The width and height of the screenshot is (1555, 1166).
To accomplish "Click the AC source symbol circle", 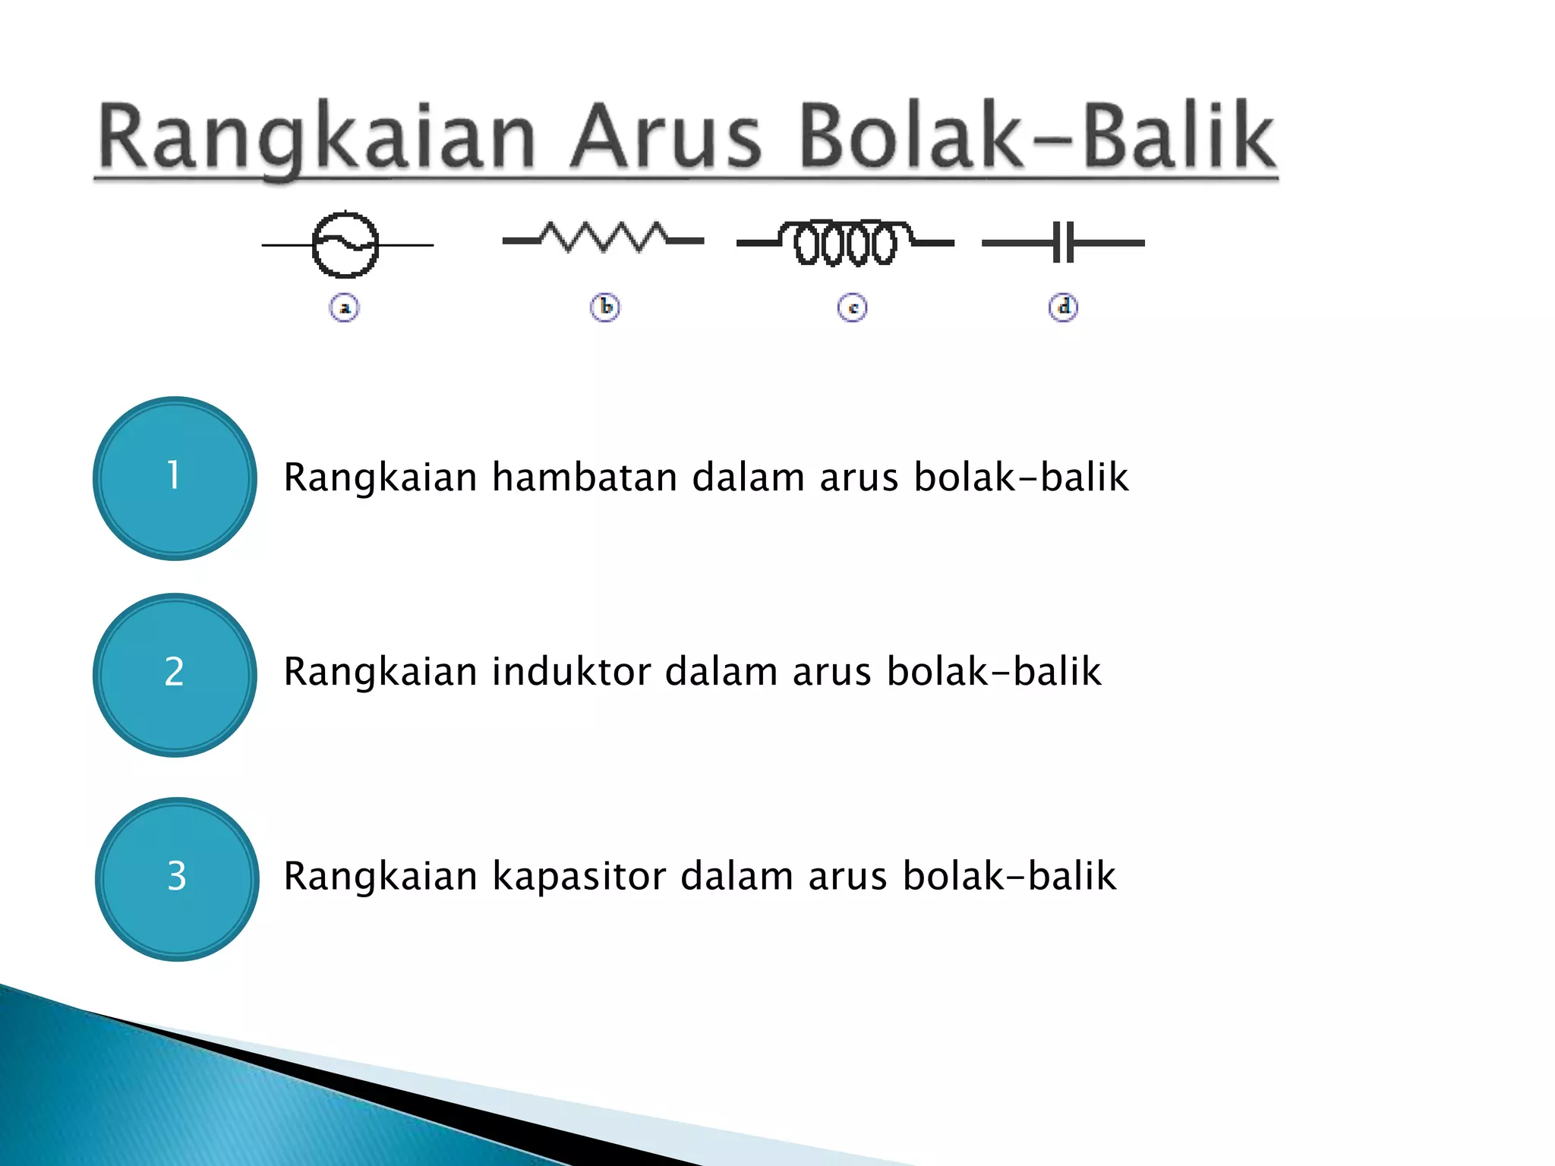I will [x=345, y=245].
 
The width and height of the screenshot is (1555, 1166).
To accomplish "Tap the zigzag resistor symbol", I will [x=604, y=238].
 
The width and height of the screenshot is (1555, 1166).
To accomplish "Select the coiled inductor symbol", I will [x=845, y=243].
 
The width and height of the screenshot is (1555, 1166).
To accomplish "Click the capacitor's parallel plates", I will [x=1064, y=243].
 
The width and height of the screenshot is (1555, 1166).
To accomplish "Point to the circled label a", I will [x=345, y=308].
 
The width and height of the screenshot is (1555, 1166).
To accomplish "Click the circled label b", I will [x=605, y=307].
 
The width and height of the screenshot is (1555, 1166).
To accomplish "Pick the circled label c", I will [x=852, y=308].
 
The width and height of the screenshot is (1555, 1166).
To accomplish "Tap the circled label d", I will [x=1063, y=307].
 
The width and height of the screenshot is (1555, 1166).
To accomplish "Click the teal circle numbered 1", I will [x=175, y=478].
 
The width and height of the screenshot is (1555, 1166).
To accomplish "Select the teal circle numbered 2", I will [x=175, y=675].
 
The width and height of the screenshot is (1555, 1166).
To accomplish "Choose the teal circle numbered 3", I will [x=177, y=879].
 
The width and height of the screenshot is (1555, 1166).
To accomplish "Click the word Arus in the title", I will [x=665, y=137].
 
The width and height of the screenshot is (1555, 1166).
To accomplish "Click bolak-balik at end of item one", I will [x=1020, y=477].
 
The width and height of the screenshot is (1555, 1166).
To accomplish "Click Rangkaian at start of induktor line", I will [x=380, y=672].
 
